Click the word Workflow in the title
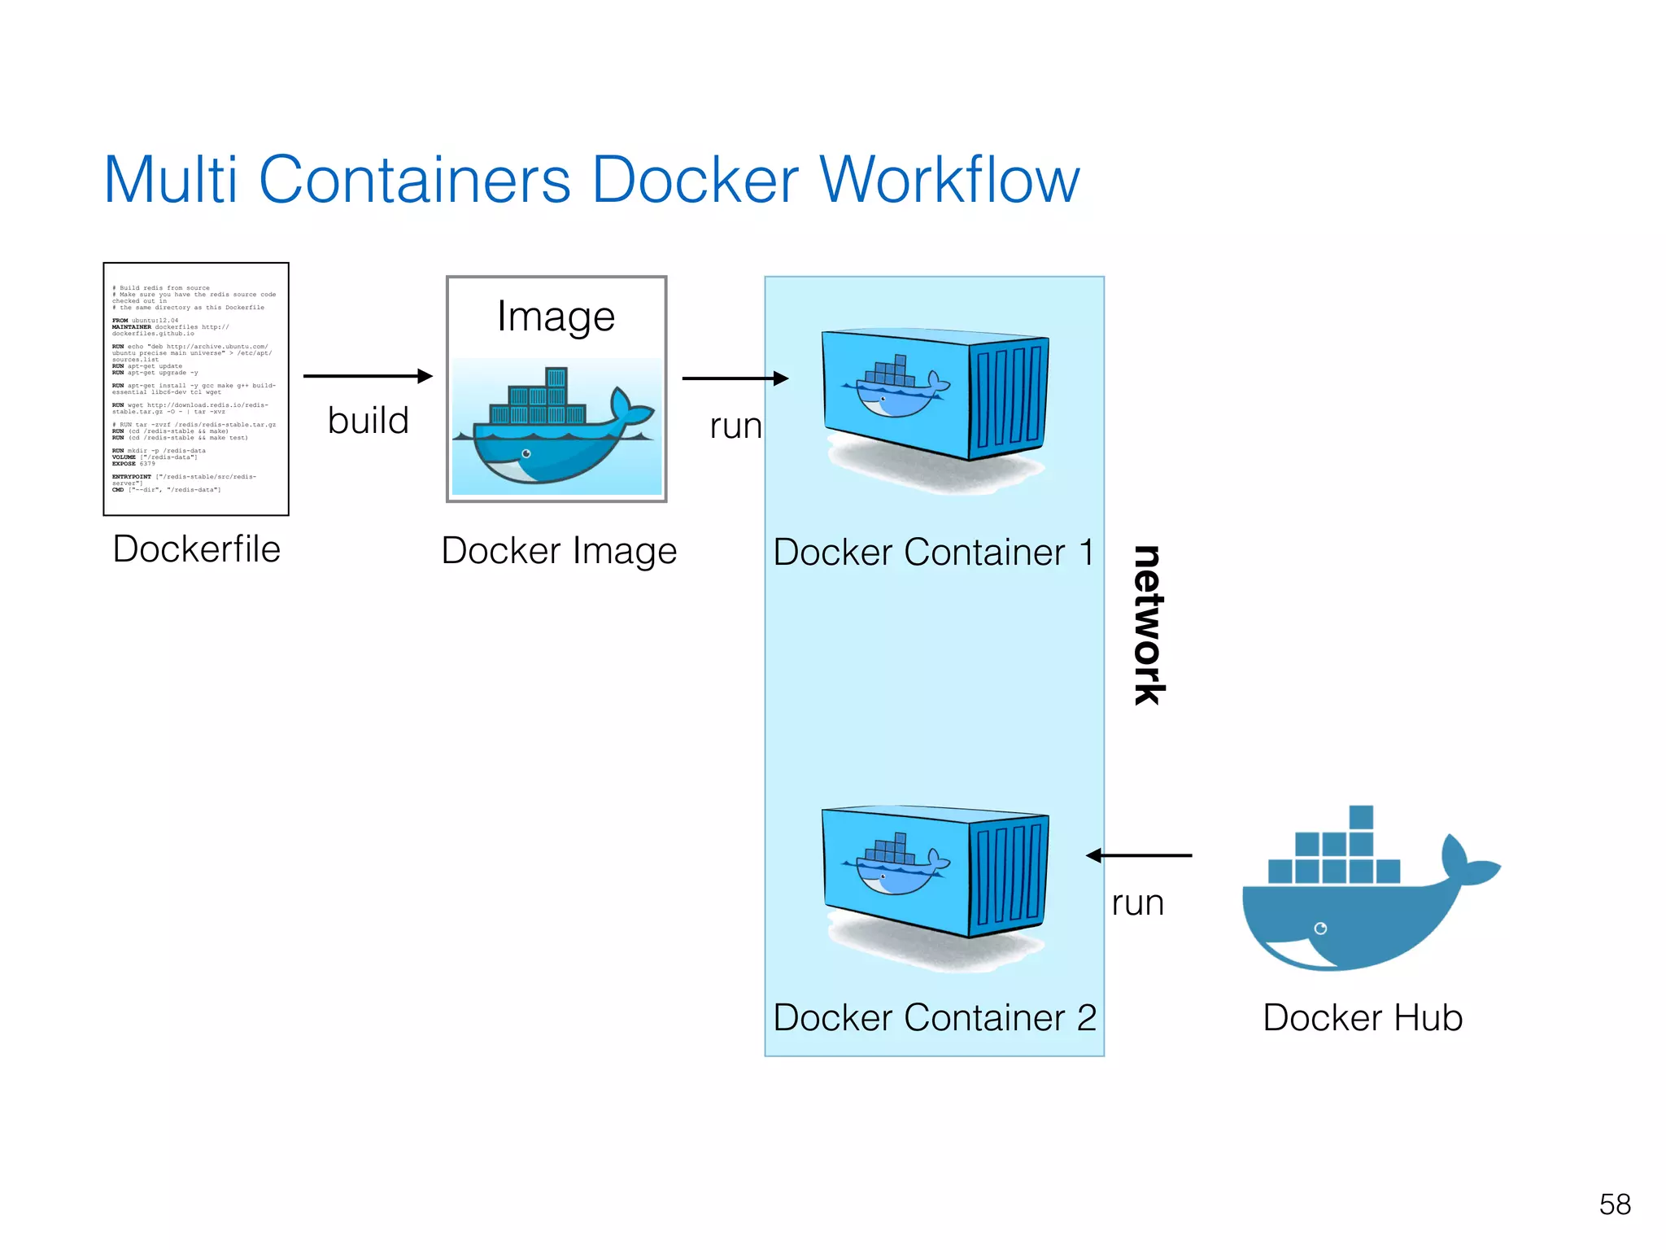[x=949, y=180]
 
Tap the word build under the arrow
[x=368, y=421]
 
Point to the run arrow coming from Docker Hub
[x=1139, y=855]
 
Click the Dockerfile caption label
[x=197, y=549]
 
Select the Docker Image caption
[x=559, y=551]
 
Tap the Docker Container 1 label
[x=934, y=553]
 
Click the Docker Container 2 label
[x=935, y=1018]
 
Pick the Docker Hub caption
[x=1363, y=1018]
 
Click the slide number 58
[x=1615, y=1204]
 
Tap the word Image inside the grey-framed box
[x=556, y=317]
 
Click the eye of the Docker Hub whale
[x=1320, y=929]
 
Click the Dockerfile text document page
[x=196, y=389]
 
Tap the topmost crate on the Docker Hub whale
[x=1361, y=817]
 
